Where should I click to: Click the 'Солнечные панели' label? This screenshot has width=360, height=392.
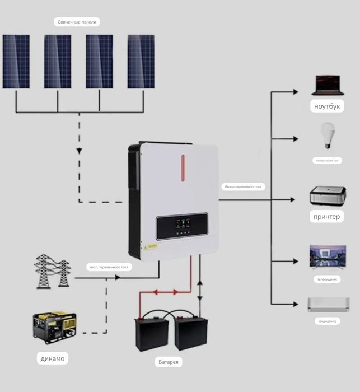pos(77,22)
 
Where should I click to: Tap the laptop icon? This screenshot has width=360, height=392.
pos(328,85)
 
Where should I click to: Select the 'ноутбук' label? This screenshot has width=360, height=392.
pos(328,106)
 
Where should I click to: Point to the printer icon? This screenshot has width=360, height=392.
pos(328,196)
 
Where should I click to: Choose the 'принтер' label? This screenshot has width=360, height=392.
pos(327,216)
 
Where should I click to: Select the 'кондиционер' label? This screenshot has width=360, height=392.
pos(328,321)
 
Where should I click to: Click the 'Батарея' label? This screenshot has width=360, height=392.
pos(169,362)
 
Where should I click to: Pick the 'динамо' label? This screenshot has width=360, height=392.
pos(53,358)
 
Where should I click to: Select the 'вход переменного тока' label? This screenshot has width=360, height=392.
pos(109,267)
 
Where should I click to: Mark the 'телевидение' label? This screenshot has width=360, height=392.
pos(328,279)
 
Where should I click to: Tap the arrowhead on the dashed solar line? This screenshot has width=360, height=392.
pos(79,151)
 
